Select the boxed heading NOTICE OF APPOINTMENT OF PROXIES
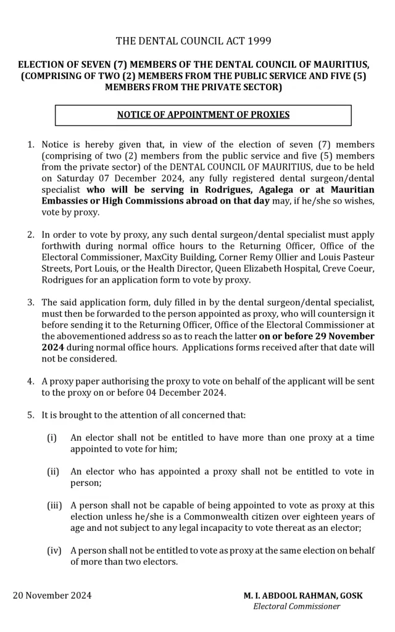pos(203,115)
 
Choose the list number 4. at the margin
pos(31,381)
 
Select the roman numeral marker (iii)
pos(54,505)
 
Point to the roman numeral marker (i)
pos(52,437)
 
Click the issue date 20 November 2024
pos(52,596)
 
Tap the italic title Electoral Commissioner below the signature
pos(296,606)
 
